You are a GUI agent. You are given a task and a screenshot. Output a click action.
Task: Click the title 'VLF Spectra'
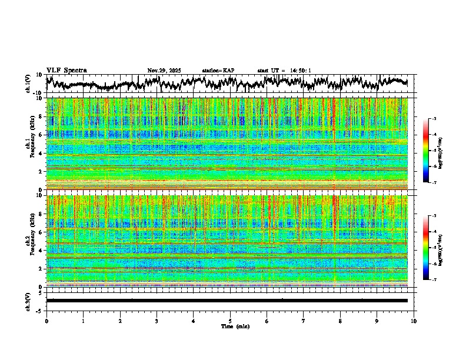point(66,71)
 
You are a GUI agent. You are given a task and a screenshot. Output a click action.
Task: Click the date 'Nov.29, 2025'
point(164,71)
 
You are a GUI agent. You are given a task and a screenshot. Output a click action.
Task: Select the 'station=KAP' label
point(218,71)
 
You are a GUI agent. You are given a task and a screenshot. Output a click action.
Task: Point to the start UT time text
point(284,71)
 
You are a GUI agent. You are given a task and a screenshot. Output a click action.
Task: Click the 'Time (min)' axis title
point(230,326)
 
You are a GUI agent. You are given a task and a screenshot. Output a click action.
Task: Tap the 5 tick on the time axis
point(230,321)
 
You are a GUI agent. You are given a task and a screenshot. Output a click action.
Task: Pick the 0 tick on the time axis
point(46,321)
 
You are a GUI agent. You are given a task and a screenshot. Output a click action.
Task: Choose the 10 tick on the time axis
point(414,321)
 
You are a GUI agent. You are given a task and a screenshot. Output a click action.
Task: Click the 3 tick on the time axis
point(157,321)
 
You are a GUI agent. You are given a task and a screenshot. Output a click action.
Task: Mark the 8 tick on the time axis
point(340,321)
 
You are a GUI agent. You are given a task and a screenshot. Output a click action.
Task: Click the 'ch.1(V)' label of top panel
point(28,84)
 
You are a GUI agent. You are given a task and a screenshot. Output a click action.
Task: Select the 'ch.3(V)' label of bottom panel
point(28,300)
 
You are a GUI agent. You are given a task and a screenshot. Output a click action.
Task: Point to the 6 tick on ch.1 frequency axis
point(41,135)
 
